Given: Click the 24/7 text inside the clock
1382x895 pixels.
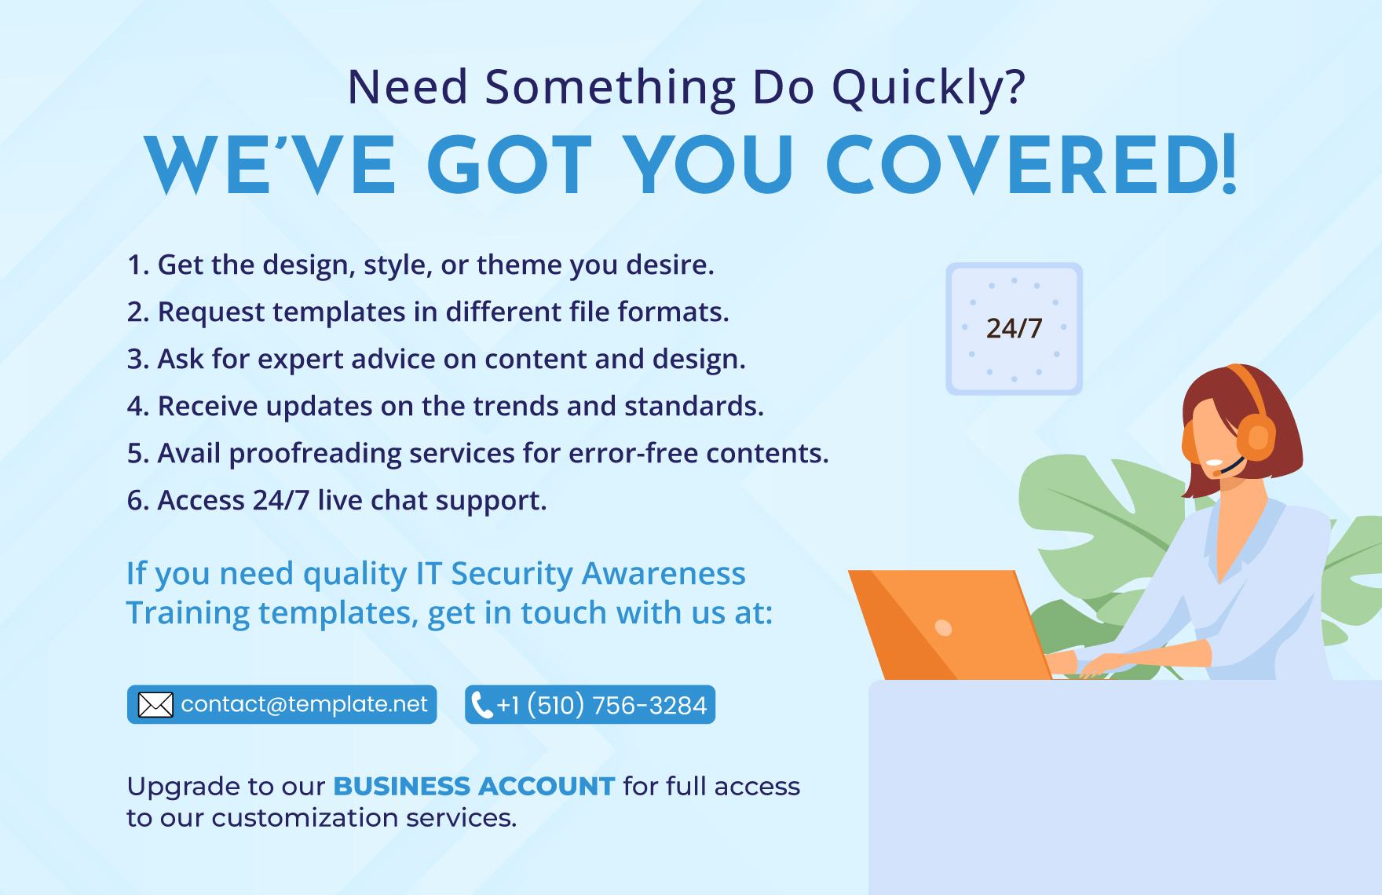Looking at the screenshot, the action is point(1014,328).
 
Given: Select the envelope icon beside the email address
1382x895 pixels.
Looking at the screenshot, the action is point(155,704).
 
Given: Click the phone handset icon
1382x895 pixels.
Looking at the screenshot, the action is point(481,705).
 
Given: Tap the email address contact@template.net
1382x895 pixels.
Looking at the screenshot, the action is point(304,704).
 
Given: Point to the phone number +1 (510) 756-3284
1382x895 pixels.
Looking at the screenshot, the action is point(601,705).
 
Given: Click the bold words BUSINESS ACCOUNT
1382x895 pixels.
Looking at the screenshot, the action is point(474,786).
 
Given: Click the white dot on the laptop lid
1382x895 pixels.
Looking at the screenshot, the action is point(944,627).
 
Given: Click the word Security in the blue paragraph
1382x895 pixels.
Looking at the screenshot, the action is point(512,575).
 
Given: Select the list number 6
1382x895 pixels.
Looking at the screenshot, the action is point(136,500).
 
